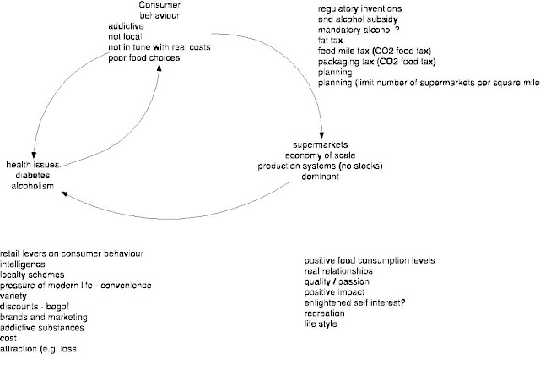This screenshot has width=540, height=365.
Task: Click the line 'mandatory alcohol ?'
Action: [x=348, y=28]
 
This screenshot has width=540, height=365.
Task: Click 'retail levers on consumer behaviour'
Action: [x=72, y=253]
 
